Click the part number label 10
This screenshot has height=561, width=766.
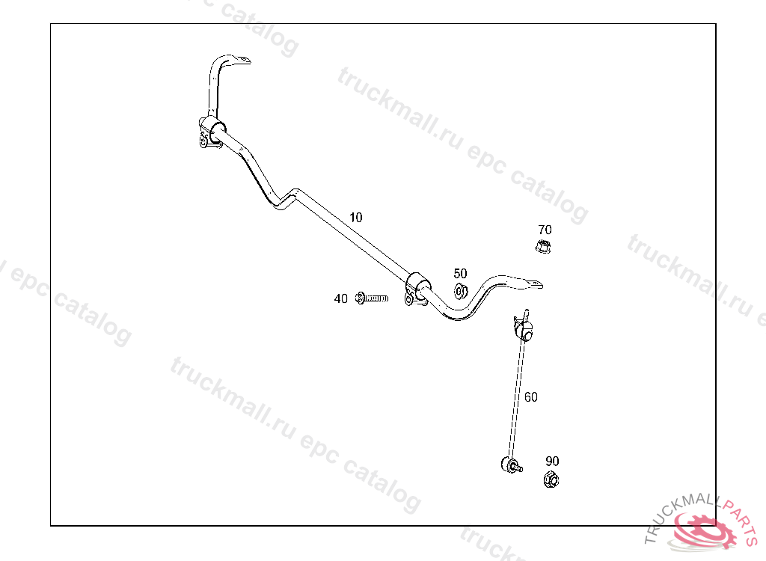pos(355,218)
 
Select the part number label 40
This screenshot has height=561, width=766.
pos(340,299)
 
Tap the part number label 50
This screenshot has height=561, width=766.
pos(460,274)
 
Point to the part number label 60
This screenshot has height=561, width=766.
pos(530,397)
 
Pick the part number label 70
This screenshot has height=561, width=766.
pos(545,230)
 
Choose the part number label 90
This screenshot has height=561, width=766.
pos(552,462)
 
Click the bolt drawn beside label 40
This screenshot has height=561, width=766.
pos(373,298)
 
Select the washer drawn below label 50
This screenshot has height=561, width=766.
pos(461,290)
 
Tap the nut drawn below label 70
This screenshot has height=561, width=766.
pos(544,246)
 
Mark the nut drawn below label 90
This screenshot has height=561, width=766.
pos(551,479)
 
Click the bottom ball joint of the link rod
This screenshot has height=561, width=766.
pos(509,464)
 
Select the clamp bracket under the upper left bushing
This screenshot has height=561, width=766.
pos(206,140)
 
